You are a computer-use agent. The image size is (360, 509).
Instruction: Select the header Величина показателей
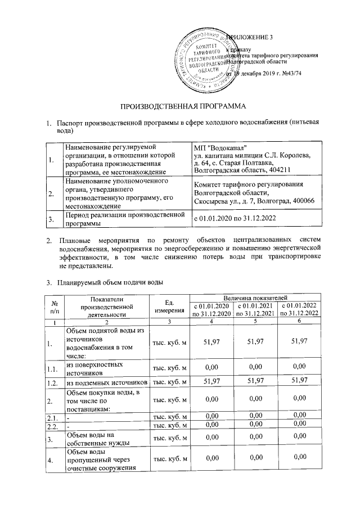click(255, 296)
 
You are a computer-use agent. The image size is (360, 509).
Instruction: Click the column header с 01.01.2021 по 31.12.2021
click(255, 309)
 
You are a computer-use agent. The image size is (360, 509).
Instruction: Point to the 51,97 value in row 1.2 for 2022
click(299, 382)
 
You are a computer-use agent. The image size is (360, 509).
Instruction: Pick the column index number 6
click(299, 321)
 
